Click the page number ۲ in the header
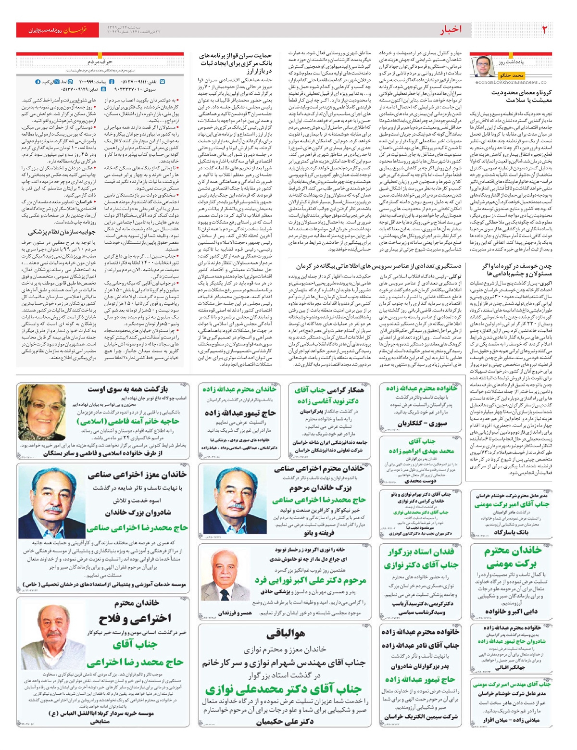(x=544, y=30)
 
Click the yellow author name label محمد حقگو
(x=511, y=75)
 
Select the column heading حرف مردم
(x=100, y=62)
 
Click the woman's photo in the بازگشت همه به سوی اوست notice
(x=42, y=412)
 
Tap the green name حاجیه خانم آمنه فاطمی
(x=128, y=421)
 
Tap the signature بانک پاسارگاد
(x=511, y=532)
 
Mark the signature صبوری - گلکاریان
(x=418, y=424)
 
